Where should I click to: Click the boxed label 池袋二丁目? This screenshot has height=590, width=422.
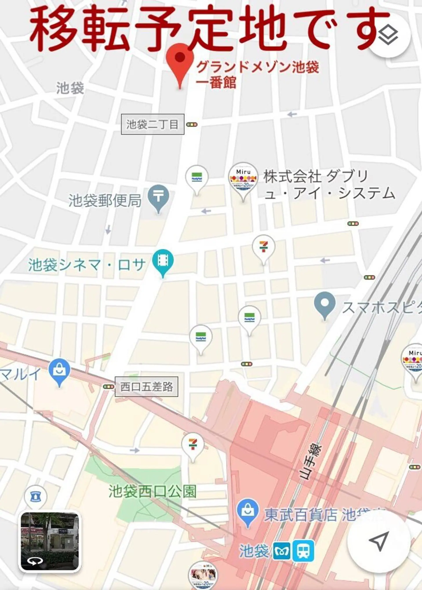click(153, 124)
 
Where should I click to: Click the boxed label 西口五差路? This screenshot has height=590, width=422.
click(146, 387)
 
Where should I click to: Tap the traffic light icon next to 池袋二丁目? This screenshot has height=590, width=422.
click(192, 125)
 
